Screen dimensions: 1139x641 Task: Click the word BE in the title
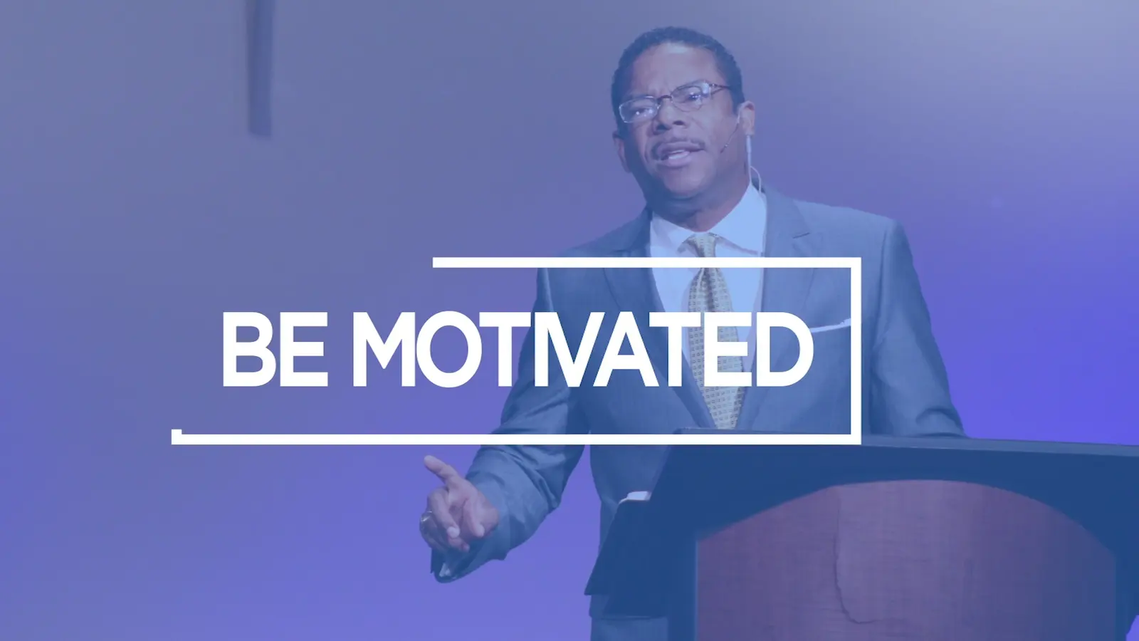tap(275, 349)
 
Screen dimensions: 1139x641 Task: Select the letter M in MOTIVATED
tap(384, 349)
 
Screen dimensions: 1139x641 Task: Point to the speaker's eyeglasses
tap(673, 103)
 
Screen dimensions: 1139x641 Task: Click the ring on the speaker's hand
tap(426, 518)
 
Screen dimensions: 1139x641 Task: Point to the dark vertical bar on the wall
tap(260, 66)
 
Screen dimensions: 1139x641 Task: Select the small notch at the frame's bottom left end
tap(177, 434)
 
